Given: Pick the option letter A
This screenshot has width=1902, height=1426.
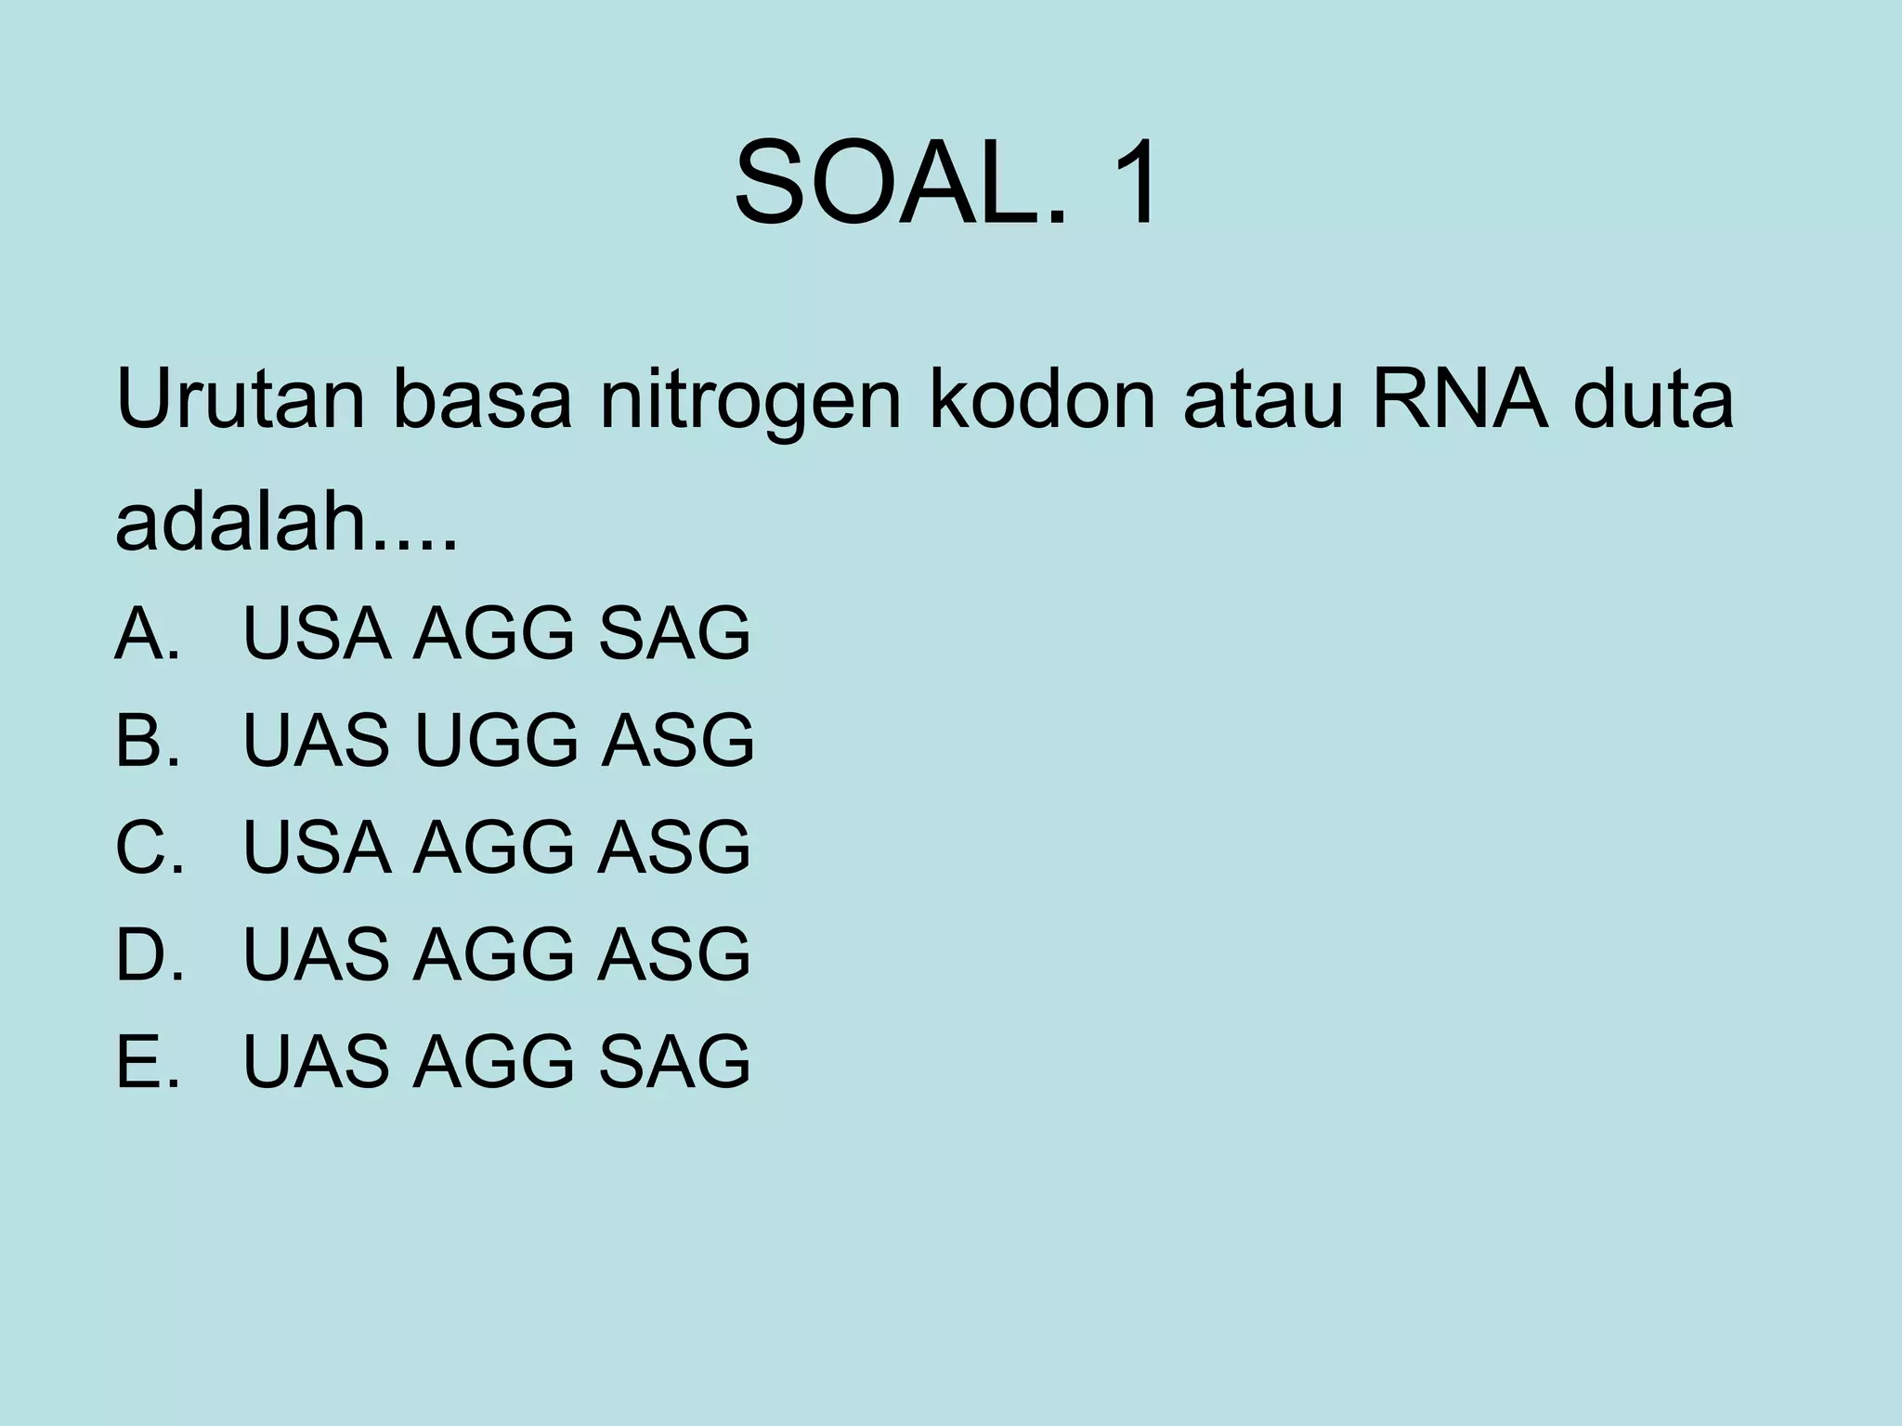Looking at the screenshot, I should click(x=139, y=633).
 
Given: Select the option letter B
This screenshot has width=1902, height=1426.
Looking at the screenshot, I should click(x=139, y=740).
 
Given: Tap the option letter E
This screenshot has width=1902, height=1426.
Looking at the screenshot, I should click(x=139, y=1060).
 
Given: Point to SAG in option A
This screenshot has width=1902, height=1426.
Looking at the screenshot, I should click(x=674, y=633).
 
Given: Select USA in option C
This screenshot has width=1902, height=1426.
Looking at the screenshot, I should click(x=317, y=847).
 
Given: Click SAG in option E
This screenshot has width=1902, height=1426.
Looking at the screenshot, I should click(x=674, y=1060).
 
